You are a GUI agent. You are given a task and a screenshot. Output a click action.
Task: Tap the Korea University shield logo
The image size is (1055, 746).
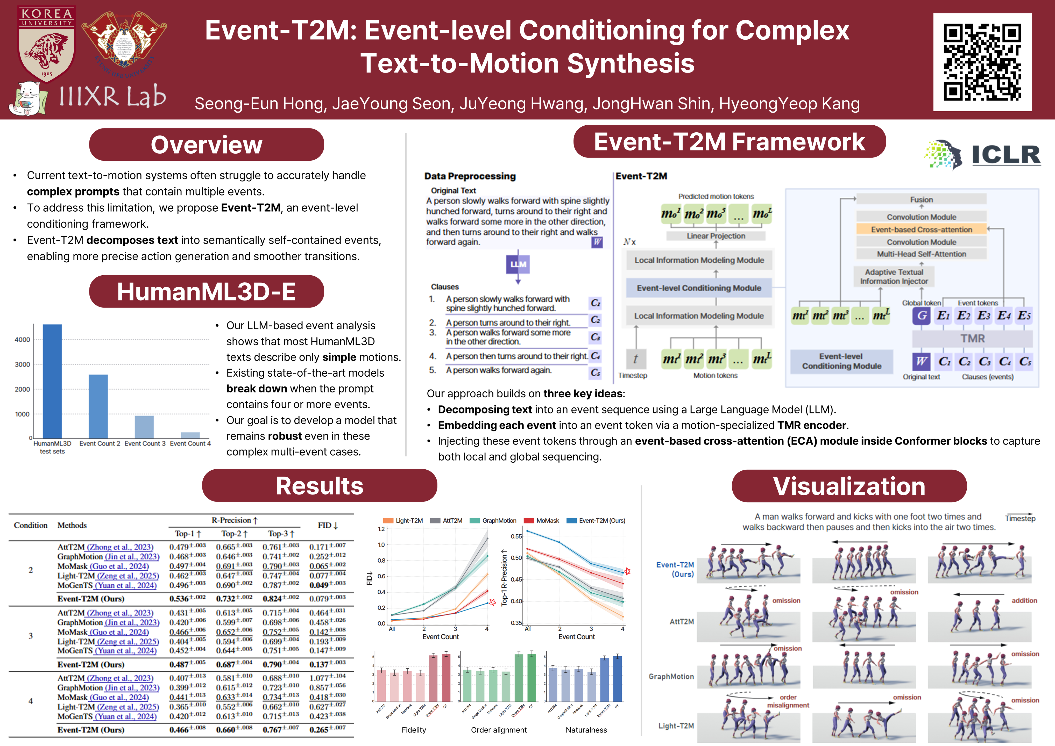[x=46, y=44]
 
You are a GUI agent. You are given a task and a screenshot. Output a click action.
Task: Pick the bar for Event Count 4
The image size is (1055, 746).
[x=190, y=435]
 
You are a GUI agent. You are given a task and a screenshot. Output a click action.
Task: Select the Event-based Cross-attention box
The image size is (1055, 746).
[x=921, y=229]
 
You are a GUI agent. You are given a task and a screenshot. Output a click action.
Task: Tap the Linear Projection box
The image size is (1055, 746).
[x=716, y=236]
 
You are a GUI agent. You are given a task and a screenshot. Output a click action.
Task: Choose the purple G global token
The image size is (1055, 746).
[x=921, y=315]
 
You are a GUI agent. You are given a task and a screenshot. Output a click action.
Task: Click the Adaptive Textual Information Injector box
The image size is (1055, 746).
[x=894, y=277]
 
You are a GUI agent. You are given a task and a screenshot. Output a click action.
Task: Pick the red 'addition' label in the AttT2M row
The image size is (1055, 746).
[x=1024, y=600]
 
